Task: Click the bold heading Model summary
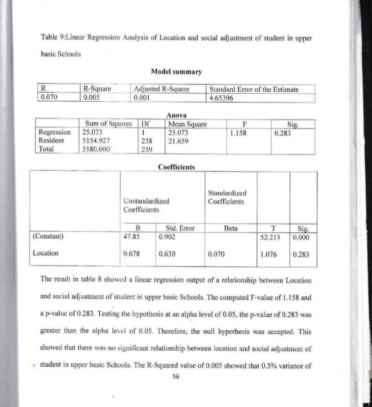[176, 71]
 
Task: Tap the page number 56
[176, 377]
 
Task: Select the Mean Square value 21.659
[177, 141]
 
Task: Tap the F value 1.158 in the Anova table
[238, 133]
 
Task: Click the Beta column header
[230, 228]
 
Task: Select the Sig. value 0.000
[301, 236]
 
